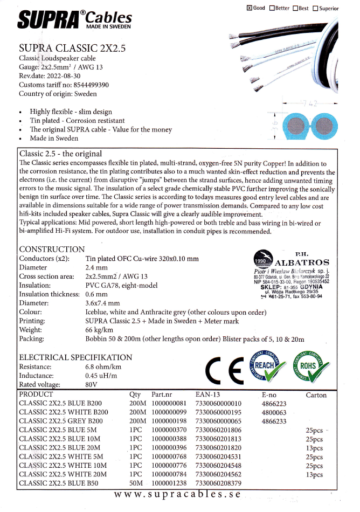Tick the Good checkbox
249,8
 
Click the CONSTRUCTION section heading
52,249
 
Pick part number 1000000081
169,403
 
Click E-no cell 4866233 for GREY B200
274,421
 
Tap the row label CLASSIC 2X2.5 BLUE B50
59,483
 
